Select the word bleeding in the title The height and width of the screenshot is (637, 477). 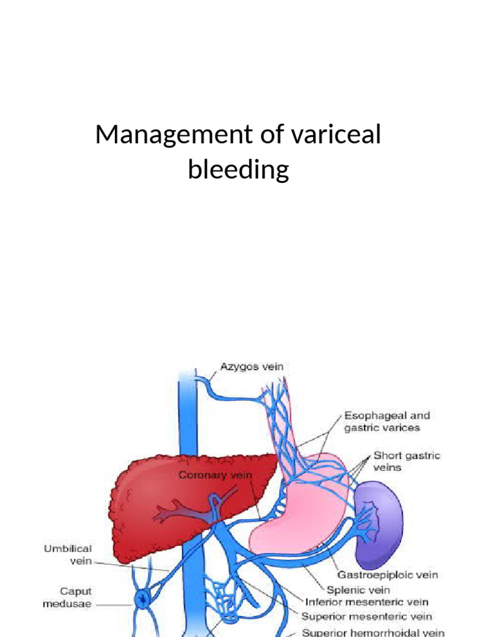(x=238, y=169)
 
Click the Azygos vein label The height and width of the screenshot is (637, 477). (x=252, y=366)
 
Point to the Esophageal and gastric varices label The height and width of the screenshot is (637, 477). (x=387, y=421)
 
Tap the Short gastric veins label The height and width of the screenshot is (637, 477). (x=406, y=461)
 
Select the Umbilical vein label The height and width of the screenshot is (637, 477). (x=68, y=554)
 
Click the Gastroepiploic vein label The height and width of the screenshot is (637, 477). (x=388, y=575)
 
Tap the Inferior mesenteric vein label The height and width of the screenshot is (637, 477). (x=366, y=602)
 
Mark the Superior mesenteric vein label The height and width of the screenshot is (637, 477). (x=366, y=616)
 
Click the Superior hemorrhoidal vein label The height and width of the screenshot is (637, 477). (x=373, y=631)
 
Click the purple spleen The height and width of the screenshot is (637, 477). (x=379, y=516)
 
